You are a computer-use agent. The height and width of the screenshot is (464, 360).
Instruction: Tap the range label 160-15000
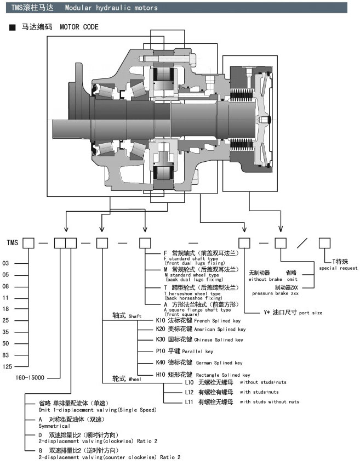pyautogui.click(x=30, y=377)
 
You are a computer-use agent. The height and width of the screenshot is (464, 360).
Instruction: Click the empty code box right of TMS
pyautogui.click(x=29, y=241)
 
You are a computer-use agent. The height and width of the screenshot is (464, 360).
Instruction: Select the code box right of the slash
pyautogui.click(x=325, y=241)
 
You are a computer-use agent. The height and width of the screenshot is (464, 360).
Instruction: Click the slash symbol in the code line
pyautogui.click(x=304, y=241)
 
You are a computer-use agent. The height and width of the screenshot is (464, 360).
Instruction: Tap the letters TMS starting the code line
pyautogui.click(x=12, y=242)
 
